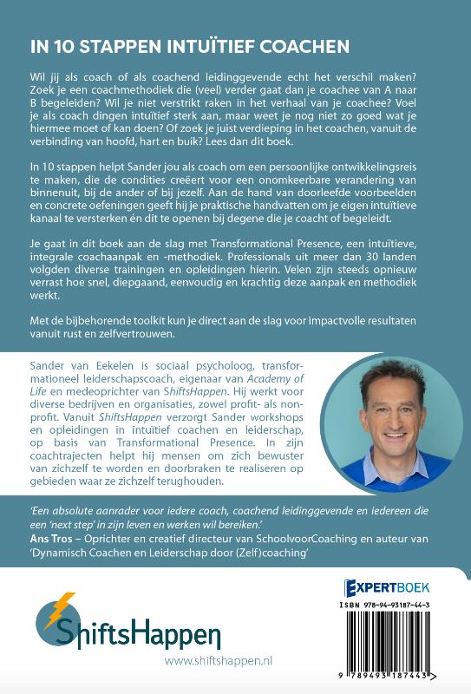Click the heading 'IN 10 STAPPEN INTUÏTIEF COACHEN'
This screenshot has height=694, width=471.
point(180,46)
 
